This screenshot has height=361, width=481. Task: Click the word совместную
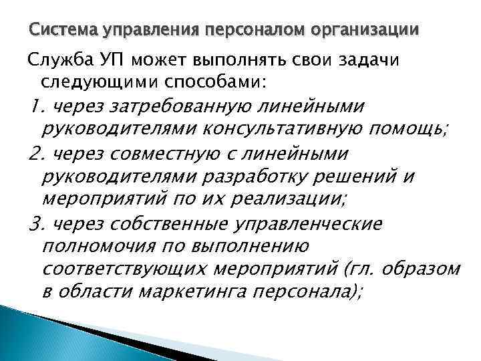[x=164, y=154]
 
